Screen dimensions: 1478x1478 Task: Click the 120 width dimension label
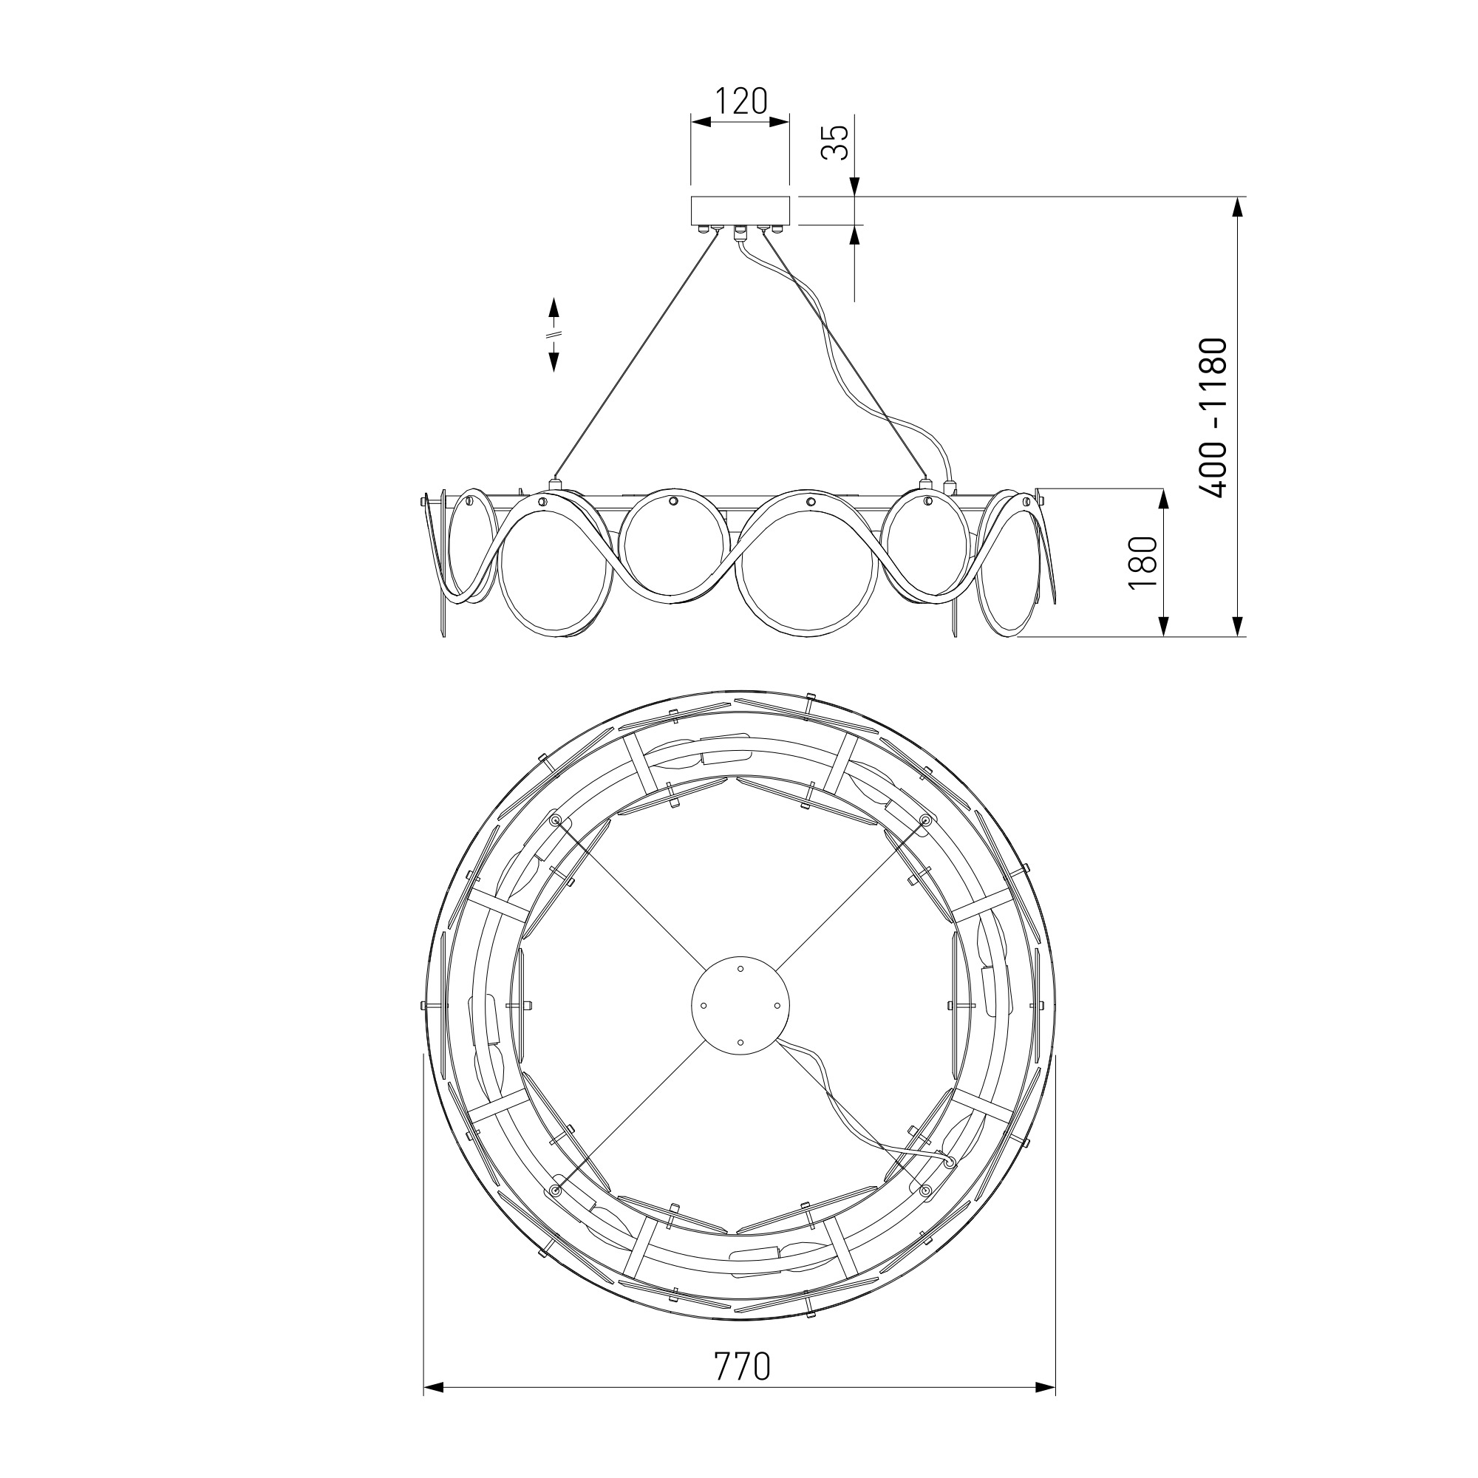point(740,101)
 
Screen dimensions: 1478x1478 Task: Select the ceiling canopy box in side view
point(740,211)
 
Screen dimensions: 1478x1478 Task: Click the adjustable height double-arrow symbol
point(554,334)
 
